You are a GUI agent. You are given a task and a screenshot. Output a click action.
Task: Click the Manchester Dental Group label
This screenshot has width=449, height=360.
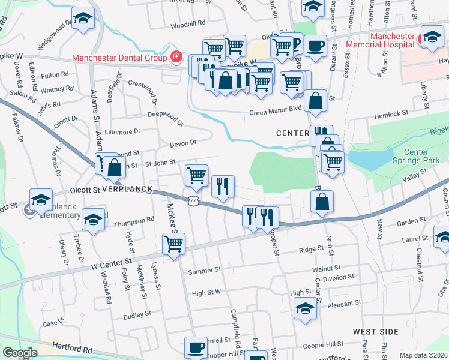pos(119,58)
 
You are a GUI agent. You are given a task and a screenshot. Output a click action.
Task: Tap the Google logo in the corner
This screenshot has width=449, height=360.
pos(20,353)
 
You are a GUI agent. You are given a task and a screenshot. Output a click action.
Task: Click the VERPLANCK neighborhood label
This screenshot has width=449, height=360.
pos(126,190)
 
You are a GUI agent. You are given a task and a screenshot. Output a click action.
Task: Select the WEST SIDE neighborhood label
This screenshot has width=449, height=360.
pos(375,332)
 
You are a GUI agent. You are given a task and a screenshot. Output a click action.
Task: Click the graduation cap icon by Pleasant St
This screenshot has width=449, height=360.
pos(305,308)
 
